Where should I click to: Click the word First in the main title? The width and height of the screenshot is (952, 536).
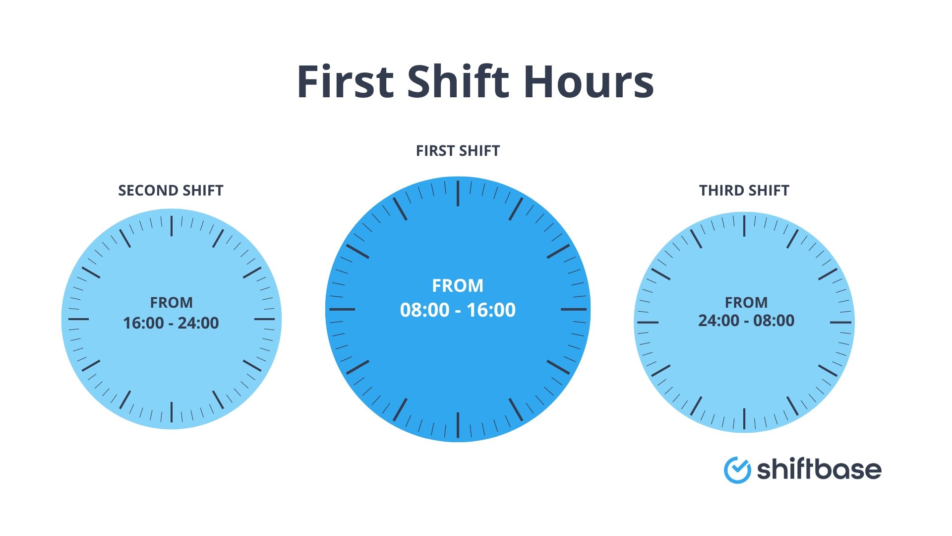(345, 82)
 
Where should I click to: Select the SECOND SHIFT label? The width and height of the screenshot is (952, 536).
(171, 191)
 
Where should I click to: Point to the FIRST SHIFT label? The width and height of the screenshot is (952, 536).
(458, 151)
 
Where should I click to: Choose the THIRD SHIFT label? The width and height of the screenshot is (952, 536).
(744, 191)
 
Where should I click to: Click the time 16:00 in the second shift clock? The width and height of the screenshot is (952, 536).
(143, 323)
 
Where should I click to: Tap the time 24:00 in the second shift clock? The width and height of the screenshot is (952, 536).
(198, 323)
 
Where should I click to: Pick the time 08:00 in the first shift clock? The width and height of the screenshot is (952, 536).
(424, 310)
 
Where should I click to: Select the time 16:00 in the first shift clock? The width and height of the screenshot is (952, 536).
(491, 310)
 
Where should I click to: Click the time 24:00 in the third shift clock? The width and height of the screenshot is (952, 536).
(718, 321)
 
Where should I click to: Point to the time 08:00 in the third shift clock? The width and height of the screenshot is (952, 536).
(773, 321)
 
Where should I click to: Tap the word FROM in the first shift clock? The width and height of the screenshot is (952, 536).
(457, 286)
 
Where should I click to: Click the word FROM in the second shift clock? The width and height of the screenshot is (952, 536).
(171, 302)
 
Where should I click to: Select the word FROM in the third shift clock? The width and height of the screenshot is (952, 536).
(746, 302)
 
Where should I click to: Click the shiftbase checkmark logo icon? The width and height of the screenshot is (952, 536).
(737, 469)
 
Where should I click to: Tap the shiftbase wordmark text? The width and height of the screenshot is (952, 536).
(819, 469)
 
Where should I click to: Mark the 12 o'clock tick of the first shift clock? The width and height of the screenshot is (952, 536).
(458, 194)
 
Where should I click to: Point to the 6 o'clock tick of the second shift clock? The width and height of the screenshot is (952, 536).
(172, 412)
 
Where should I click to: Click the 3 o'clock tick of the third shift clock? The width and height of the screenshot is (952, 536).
(840, 323)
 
